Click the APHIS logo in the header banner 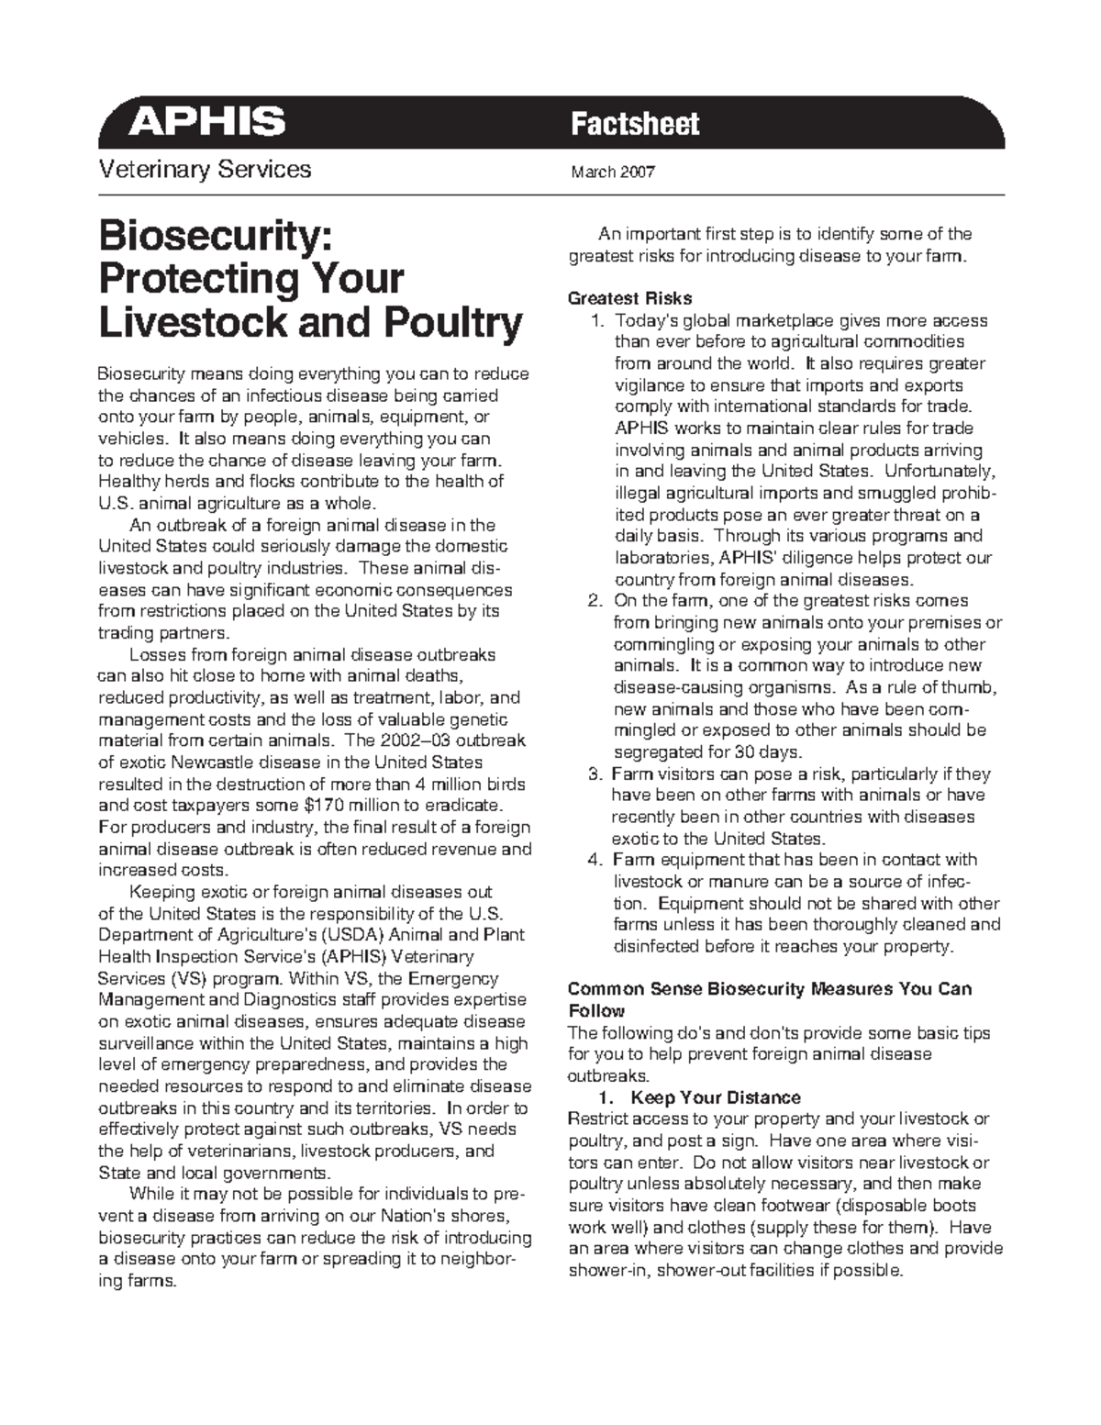206,121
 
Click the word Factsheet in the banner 634,124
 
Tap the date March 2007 612,172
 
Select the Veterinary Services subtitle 205,170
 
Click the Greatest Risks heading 629,298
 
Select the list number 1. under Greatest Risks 597,321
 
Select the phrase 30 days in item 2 767,752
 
